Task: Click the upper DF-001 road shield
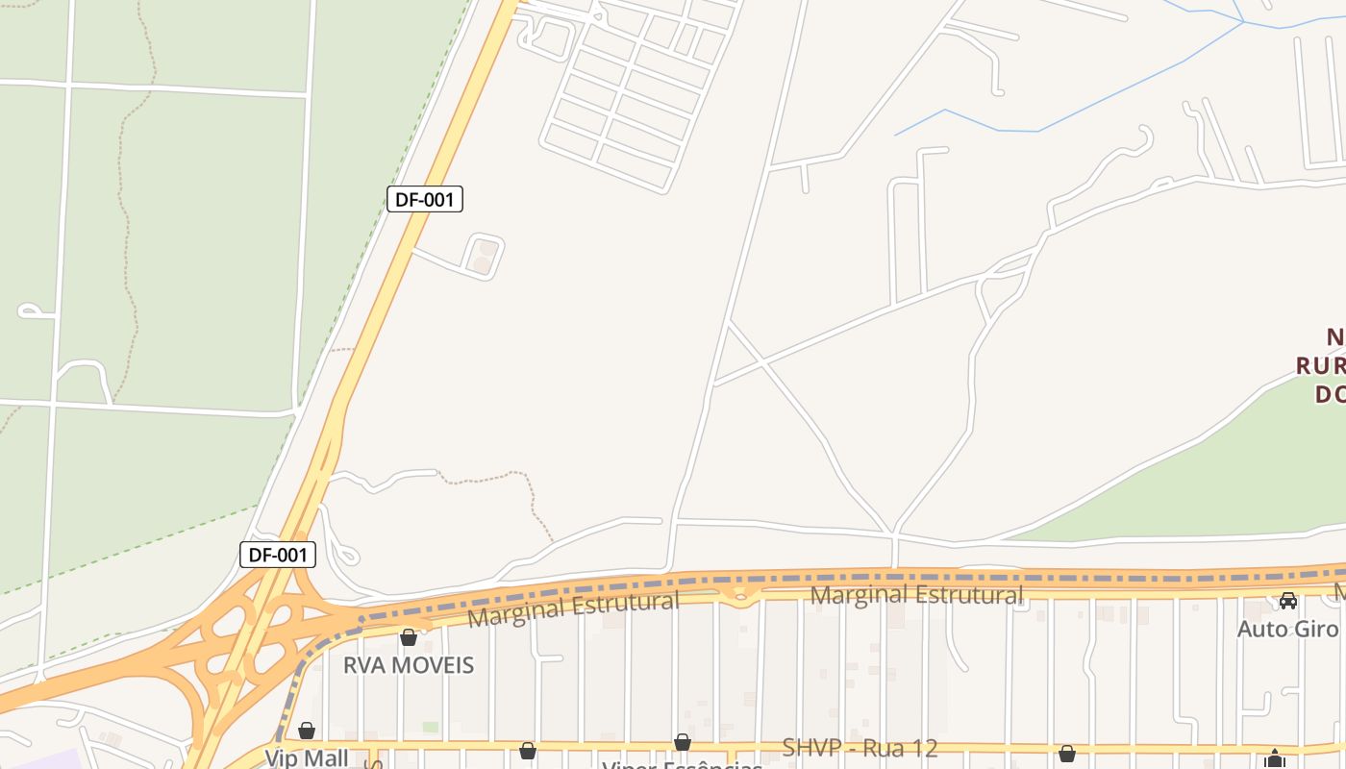pyautogui.click(x=425, y=200)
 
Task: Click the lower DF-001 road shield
pyautogui.click(x=278, y=555)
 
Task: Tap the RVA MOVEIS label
pyautogui.click(x=409, y=665)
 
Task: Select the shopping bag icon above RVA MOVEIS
pyautogui.click(x=409, y=636)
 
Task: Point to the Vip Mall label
pyautogui.click(x=307, y=757)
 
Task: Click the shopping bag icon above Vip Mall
pyautogui.click(x=307, y=731)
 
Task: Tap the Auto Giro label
pyautogui.click(x=1287, y=629)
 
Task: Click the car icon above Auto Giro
pyautogui.click(x=1288, y=601)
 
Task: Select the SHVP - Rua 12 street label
pyautogui.click(x=860, y=748)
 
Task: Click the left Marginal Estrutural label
pyautogui.click(x=573, y=608)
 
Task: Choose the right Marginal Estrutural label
pyautogui.click(x=916, y=595)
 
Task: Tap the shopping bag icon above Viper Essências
pyautogui.click(x=683, y=742)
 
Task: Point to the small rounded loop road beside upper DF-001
pyautogui.click(x=483, y=257)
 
